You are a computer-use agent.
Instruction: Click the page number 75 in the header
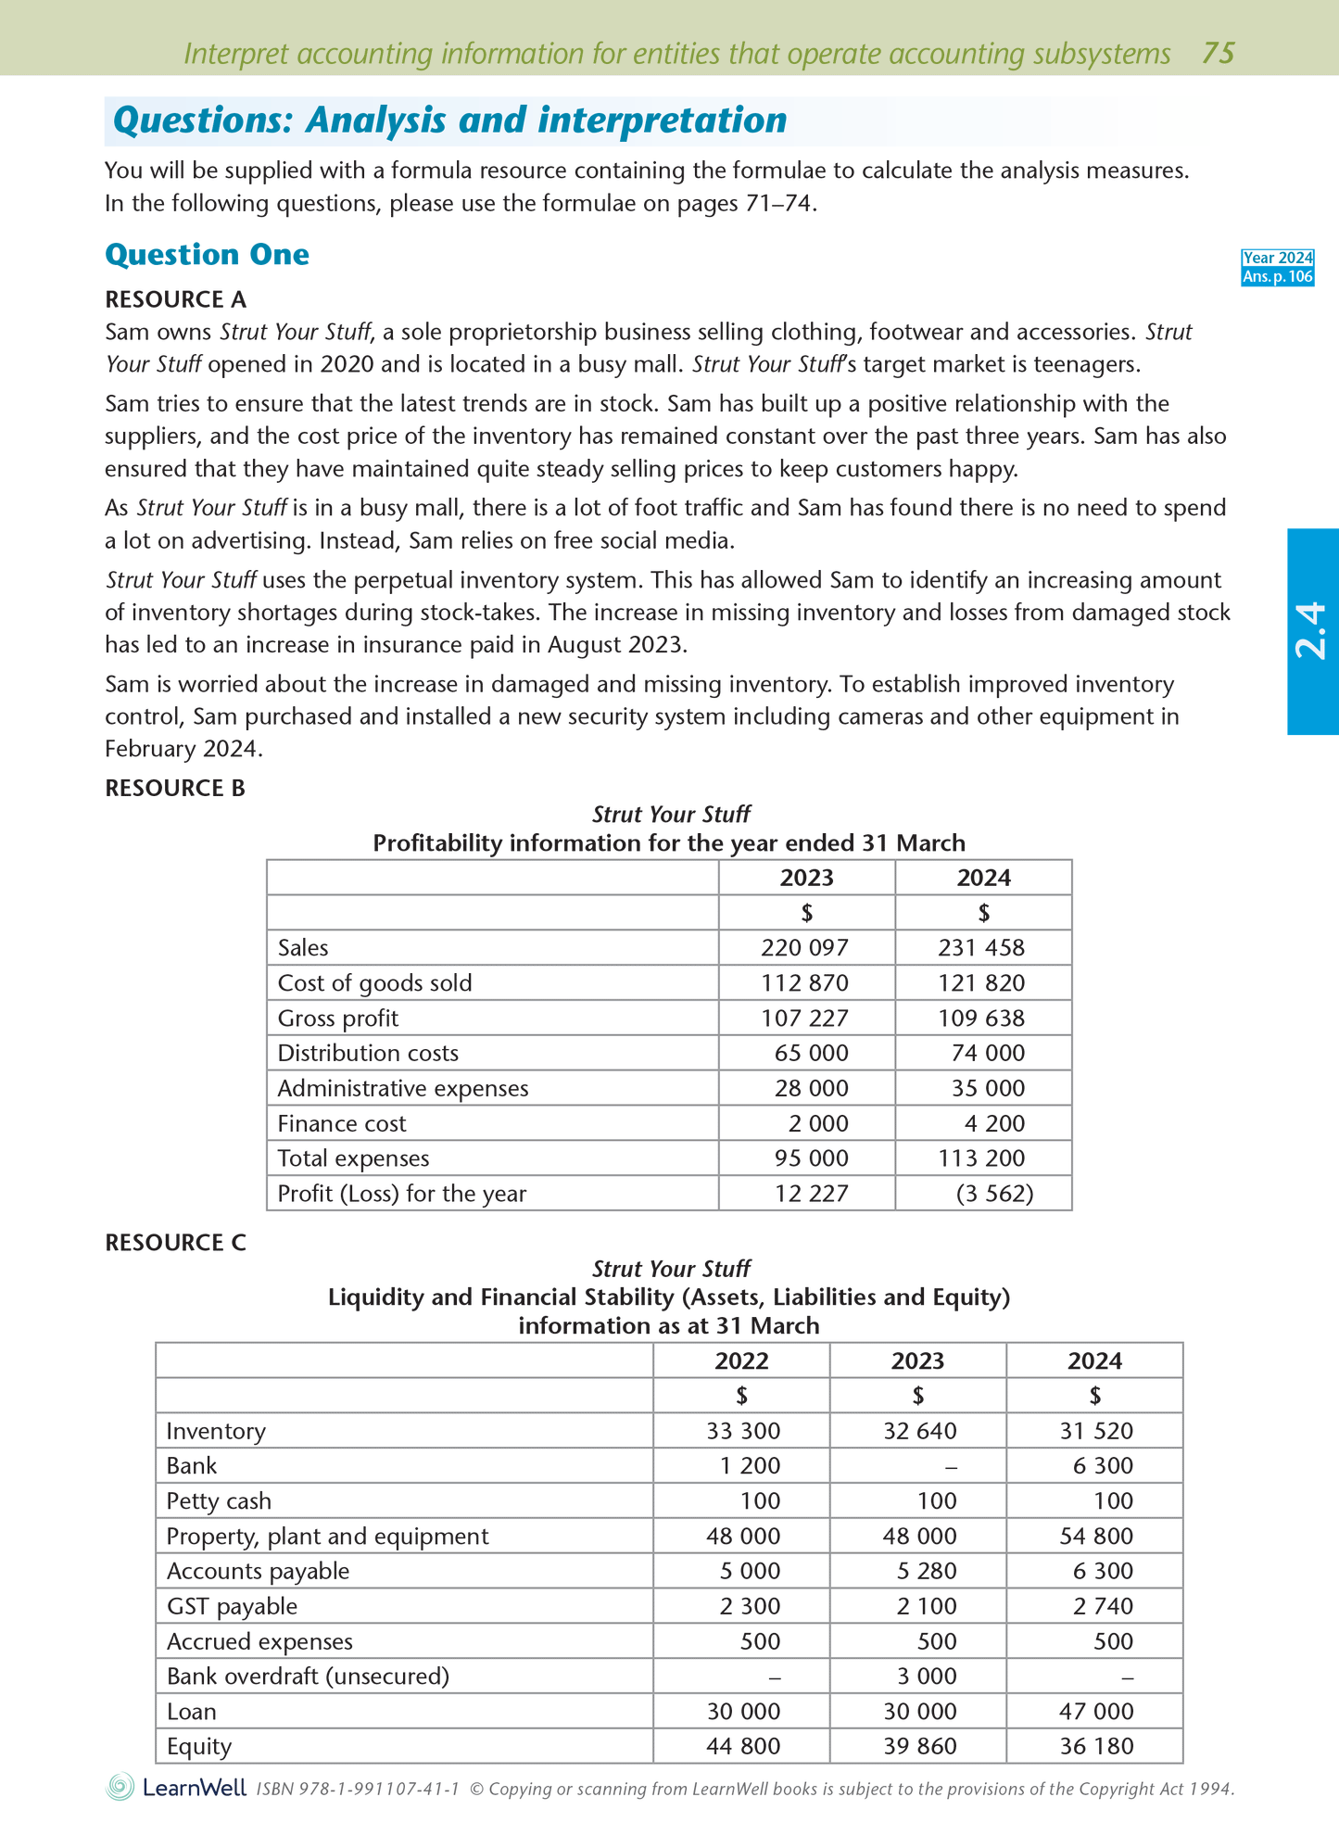tap(1218, 53)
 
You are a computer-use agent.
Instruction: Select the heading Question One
tap(207, 255)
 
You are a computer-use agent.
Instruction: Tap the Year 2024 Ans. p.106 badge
tap(1277, 267)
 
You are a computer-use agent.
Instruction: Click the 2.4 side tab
tap(1312, 631)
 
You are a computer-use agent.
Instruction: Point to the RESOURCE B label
tap(175, 788)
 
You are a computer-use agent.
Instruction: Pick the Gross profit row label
tap(338, 1018)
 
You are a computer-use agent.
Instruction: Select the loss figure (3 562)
tap(993, 1193)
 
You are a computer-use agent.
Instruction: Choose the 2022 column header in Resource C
tap(741, 1360)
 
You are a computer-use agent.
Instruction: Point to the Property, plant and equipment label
tap(327, 1536)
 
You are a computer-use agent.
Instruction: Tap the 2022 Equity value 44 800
tap(743, 1746)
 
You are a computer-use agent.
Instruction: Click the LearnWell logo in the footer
tap(176, 1787)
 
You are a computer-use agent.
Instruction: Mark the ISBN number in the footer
tap(358, 1789)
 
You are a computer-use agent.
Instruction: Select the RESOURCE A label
tap(175, 299)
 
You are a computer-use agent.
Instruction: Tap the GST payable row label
tap(232, 1606)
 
